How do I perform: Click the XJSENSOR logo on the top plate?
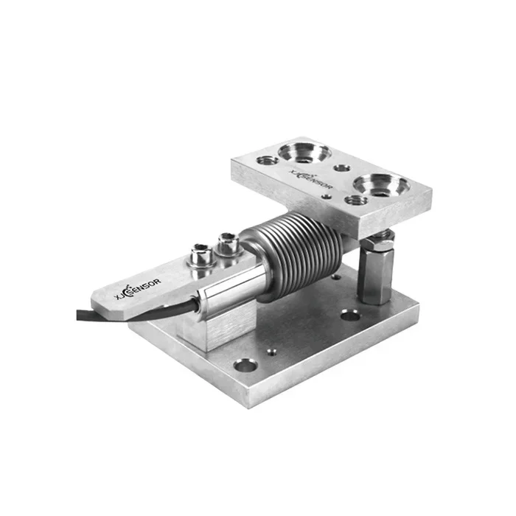311,179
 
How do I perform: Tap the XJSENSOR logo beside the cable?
138,289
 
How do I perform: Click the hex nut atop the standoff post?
379,243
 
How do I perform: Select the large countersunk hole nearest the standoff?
382,184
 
